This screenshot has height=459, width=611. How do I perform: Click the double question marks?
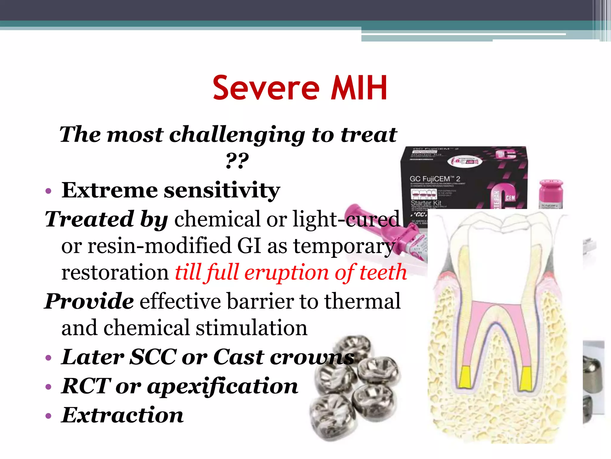pyautogui.click(x=237, y=161)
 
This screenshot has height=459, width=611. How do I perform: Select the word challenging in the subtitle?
pyautogui.click(x=237, y=135)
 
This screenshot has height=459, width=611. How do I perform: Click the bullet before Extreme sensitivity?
pyautogui.click(x=49, y=191)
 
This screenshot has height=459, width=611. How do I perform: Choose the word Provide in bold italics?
pyautogui.click(x=89, y=301)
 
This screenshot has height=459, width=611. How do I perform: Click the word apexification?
pyautogui.click(x=223, y=386)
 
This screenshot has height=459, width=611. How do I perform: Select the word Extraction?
pyautogui.click(x=122, y=415)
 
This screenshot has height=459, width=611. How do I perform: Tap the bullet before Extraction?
pyautogui.click(x=49, y=416)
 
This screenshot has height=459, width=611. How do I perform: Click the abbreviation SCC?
pyautogui.click(x=154, y=357)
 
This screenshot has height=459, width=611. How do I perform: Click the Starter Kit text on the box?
pyautogui.click(x=426, y=203)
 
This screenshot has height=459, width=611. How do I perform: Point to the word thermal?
pyautogui.click(x=362, y=301)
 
